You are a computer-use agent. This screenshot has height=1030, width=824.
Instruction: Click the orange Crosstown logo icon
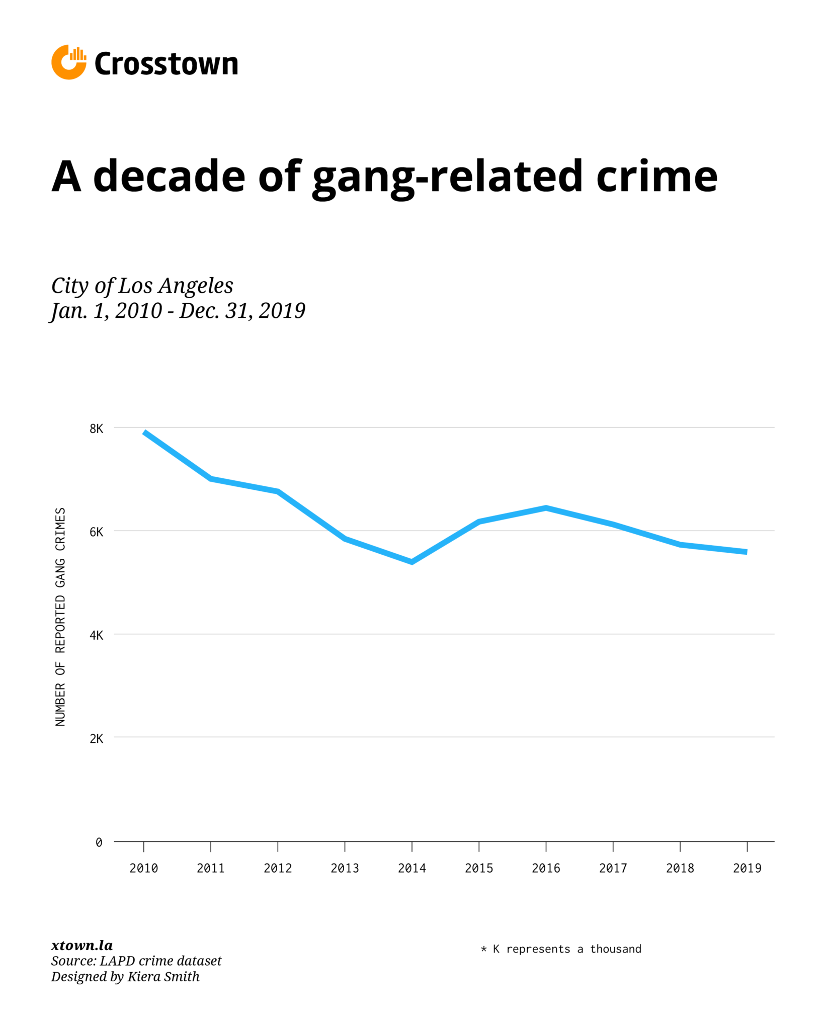[68, 62]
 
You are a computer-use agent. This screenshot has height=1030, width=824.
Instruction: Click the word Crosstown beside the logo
[166, 64]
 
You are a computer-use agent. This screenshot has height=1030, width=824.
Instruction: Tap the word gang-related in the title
[447, 177]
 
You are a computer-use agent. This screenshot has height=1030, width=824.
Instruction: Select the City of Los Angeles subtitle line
[142, 286]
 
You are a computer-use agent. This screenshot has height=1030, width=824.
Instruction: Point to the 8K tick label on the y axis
[96, 428]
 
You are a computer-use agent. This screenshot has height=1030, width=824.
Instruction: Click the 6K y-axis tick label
[96, 532]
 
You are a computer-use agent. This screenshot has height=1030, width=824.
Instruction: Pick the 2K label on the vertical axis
[96, 739]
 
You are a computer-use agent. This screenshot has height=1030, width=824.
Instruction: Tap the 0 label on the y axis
[99, 842]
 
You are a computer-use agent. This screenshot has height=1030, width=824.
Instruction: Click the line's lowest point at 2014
[411, 562]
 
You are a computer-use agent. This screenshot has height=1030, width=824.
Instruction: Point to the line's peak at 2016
[546, 508]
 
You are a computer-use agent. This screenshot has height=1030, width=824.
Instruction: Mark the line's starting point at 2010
[144, 432]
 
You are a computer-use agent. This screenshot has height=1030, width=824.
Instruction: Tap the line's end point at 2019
[747, 552]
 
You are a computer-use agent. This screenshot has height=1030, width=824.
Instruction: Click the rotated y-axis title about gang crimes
[60, 616]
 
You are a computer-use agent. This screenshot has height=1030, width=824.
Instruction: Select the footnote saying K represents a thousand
[561, 949]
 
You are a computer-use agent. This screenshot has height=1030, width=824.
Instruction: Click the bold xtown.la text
[81, 945]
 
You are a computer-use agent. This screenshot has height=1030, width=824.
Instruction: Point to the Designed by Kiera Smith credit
[125, 977]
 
